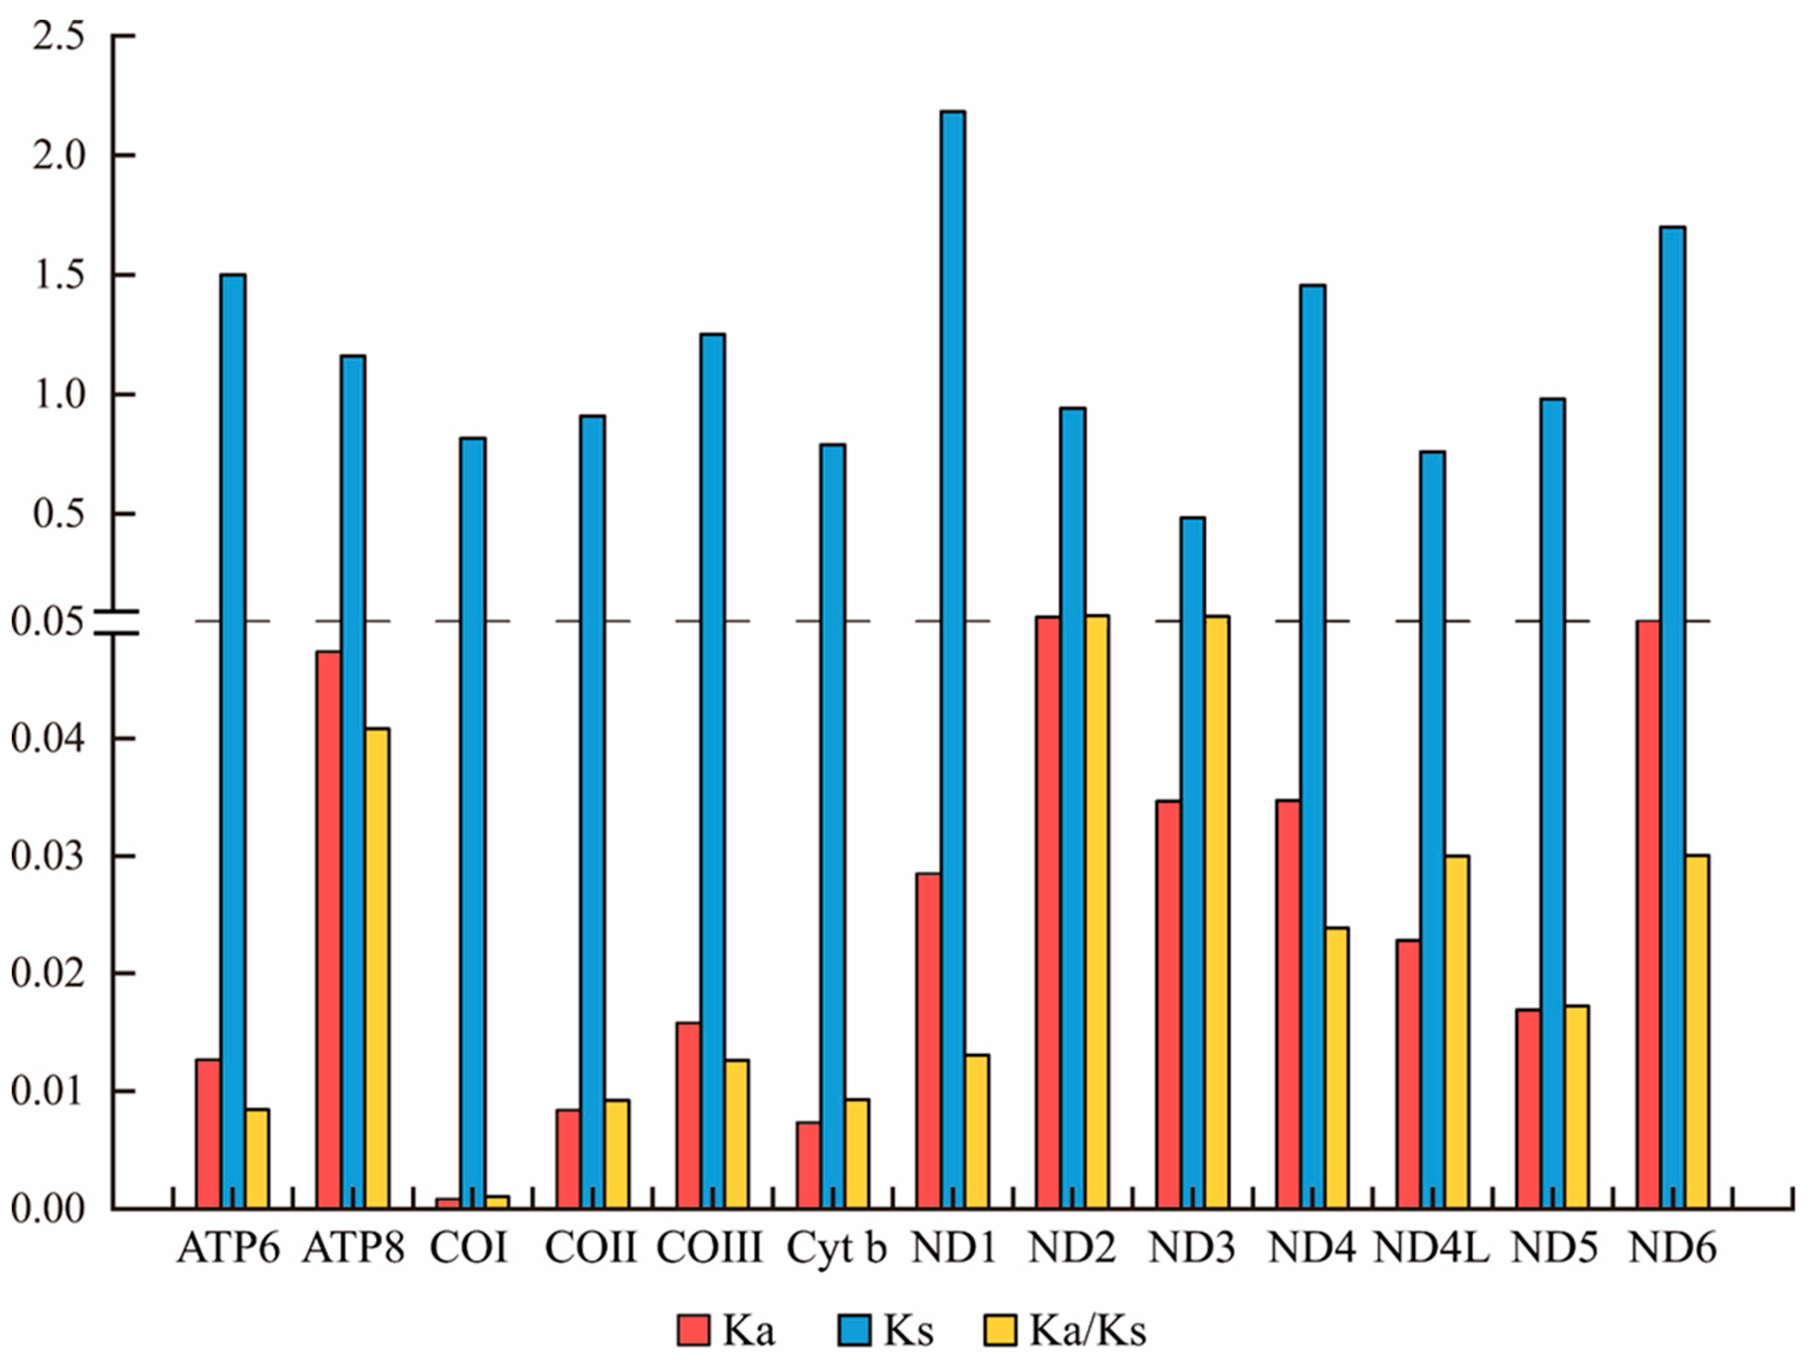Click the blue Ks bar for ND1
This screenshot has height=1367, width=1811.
[952, 659]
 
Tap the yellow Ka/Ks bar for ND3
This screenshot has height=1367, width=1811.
[1217, 912]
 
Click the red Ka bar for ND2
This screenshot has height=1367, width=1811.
[1048, 912]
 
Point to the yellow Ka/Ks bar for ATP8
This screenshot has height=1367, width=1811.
[378, 967]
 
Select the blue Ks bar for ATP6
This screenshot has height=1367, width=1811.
[233, 741]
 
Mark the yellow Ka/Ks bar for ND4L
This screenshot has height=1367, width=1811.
[1457, 1031]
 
